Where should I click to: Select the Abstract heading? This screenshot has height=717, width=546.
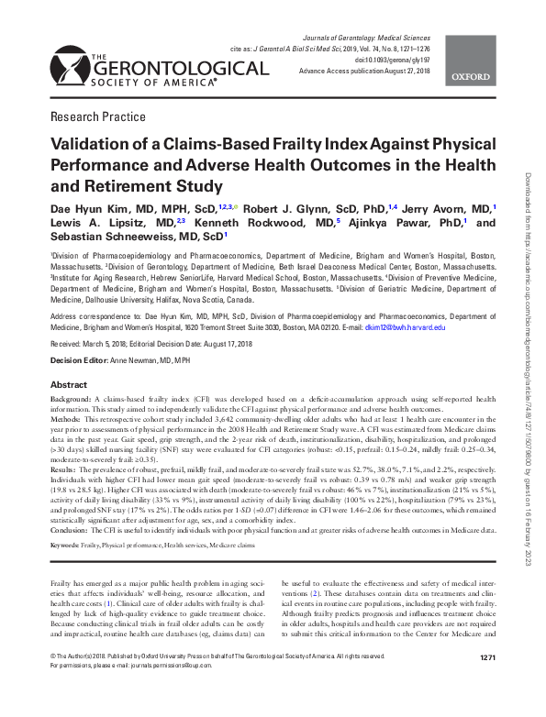69,385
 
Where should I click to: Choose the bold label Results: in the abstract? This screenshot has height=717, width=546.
64,469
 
